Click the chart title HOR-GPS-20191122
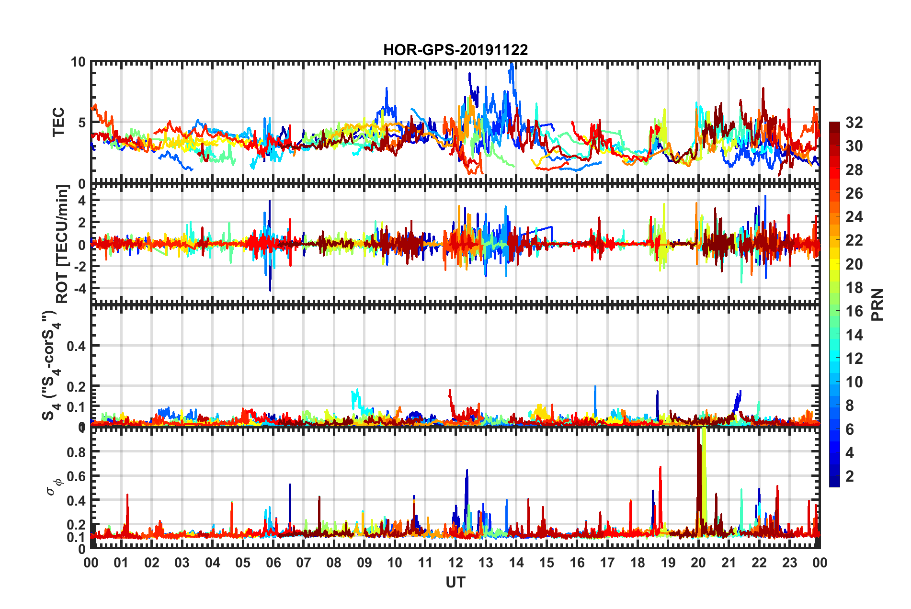point(455,50)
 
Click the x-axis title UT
point(455,582)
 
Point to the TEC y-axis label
point(58,122)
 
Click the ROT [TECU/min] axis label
point(62,244)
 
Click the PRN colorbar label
point(877,305)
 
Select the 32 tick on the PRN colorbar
point(854,123)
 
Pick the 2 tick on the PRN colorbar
point(850,476)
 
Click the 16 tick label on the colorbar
point(854,311)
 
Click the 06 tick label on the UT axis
point(273,563)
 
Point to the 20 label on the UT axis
point(698,563)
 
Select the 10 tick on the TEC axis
point(78,62)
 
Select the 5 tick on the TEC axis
point(81,123)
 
